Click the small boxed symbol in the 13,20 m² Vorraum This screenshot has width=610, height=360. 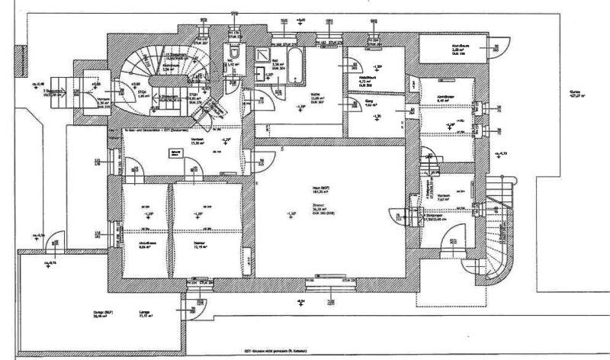(178, 153)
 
